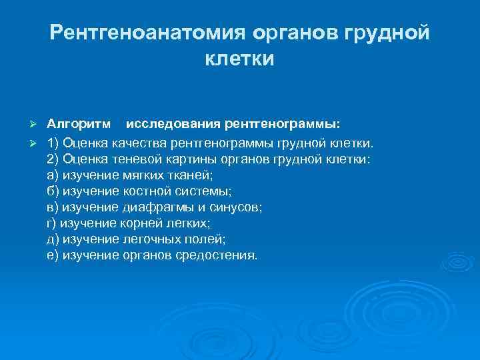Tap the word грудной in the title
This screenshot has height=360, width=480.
point(385,33)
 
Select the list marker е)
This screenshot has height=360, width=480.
point(53,255)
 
